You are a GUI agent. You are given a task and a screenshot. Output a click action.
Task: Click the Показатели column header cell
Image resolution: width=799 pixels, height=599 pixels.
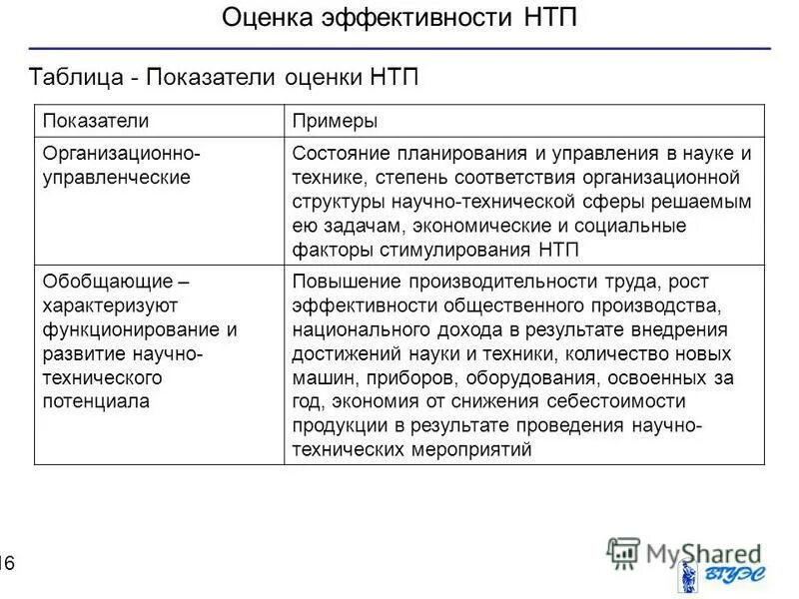pyautogui.click(x=95, y=121)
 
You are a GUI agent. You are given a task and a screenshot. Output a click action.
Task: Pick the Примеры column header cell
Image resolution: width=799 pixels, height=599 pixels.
pyautogui.click(x=334, y=121)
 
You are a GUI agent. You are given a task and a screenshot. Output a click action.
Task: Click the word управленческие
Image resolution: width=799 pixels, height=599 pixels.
pyautogui.click(x=116, y=178)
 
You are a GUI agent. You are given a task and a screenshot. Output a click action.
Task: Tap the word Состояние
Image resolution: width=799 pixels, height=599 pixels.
pyautogui.click(x=341, y=154)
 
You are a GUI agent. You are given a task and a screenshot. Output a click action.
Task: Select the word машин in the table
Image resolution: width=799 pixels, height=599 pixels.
pyautogui.click(x=321, y=377)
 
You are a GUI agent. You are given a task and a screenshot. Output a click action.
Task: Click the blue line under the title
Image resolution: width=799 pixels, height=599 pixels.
pyautogui.click(x=399, y=48)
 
